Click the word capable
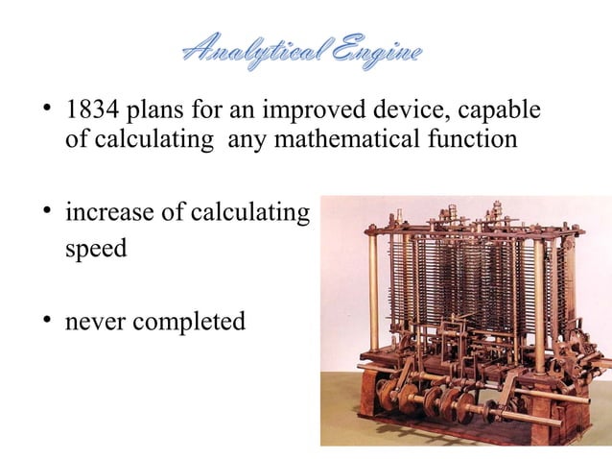pyautogui.click(x=502, y=111)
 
